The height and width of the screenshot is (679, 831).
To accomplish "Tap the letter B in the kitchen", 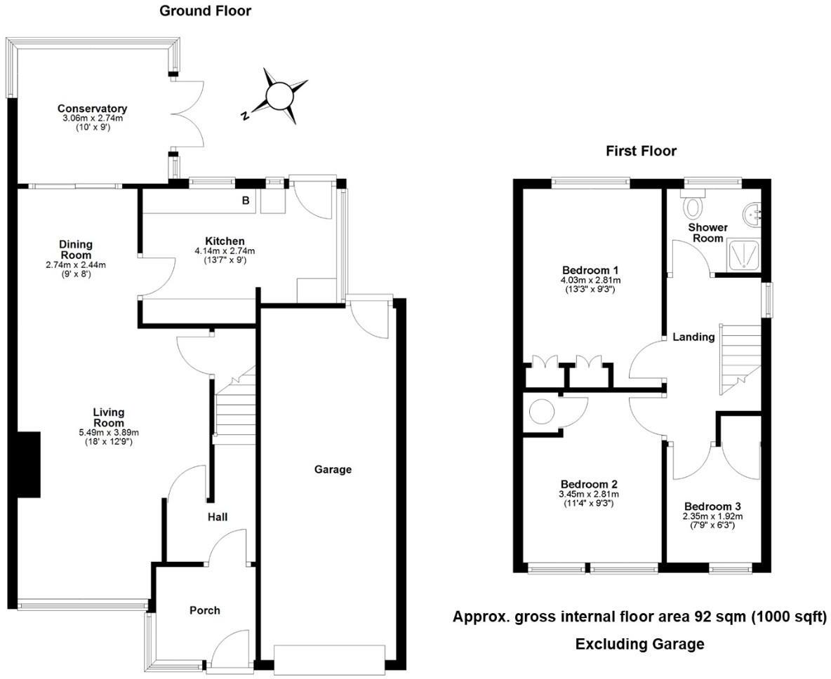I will [x=246, y=201].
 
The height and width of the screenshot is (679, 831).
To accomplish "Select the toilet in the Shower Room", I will [x=695, y=207].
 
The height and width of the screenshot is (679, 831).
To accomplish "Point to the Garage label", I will [x=333, y=469].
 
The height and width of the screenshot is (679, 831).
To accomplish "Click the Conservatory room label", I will [x=92, y=109].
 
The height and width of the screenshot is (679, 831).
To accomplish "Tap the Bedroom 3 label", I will [x=712, y=506].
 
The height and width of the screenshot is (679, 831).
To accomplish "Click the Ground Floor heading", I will [x=205, y=11].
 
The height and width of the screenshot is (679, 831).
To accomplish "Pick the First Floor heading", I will [x=641, y=151].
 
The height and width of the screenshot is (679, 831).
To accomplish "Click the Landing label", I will [x=693, y=337].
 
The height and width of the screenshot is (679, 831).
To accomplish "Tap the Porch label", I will [x=205, y=610].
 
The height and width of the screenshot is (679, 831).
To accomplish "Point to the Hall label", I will [x=217, y=517].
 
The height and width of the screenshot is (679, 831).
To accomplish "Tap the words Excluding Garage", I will [x=639, y=644].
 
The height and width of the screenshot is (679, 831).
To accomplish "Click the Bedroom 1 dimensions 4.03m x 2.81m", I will [x=590, y=281].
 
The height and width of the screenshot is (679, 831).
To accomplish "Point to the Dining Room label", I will [x=76, y=250].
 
